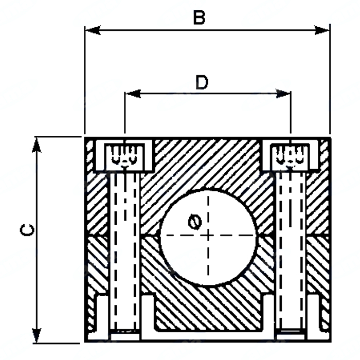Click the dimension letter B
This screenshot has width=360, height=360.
[199, 17]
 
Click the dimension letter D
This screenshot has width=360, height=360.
[202, 82]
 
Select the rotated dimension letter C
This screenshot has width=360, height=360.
[27, 230]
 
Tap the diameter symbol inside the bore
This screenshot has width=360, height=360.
[195, 222]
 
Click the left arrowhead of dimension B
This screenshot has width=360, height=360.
[93, 30]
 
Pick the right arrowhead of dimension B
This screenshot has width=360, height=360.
[322, 30]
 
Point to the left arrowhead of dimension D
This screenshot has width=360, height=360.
[133, 94]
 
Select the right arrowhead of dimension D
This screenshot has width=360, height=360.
[283, 94]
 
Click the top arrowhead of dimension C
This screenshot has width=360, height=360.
[37, 145]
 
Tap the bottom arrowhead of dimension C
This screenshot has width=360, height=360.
[37, 335]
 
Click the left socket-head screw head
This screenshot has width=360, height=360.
[125, 157]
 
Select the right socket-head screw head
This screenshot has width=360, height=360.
[291, 157]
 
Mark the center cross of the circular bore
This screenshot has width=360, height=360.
[208, 236]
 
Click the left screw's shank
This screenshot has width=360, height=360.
[125, 251]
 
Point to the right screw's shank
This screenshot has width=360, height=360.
[291, 251]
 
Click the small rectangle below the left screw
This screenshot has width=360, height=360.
[125, 337]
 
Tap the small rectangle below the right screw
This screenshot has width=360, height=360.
[291, 337]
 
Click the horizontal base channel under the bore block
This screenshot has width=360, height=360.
[208, 335]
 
